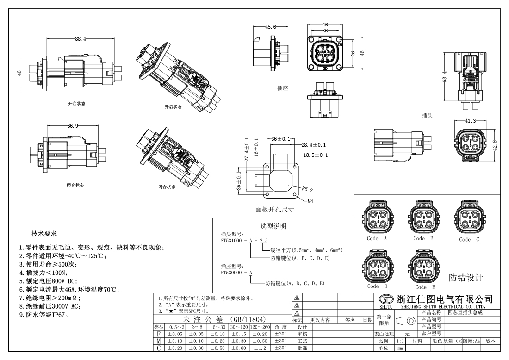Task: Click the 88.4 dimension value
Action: click(x=81, y=39)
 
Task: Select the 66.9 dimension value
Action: click(x=73, y=126)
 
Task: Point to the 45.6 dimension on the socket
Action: click(x=271, y=27)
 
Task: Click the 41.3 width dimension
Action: click(x=470, y=121)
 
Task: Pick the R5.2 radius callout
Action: click(x=308, y=190)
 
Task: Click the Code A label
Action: click(x=376, y=239)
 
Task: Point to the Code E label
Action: click(x=425, y=287)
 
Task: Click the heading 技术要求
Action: click(x=44, y=234)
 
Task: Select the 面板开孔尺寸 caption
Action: click(x=275, y=209)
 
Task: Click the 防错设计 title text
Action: click(x=466, y=278)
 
